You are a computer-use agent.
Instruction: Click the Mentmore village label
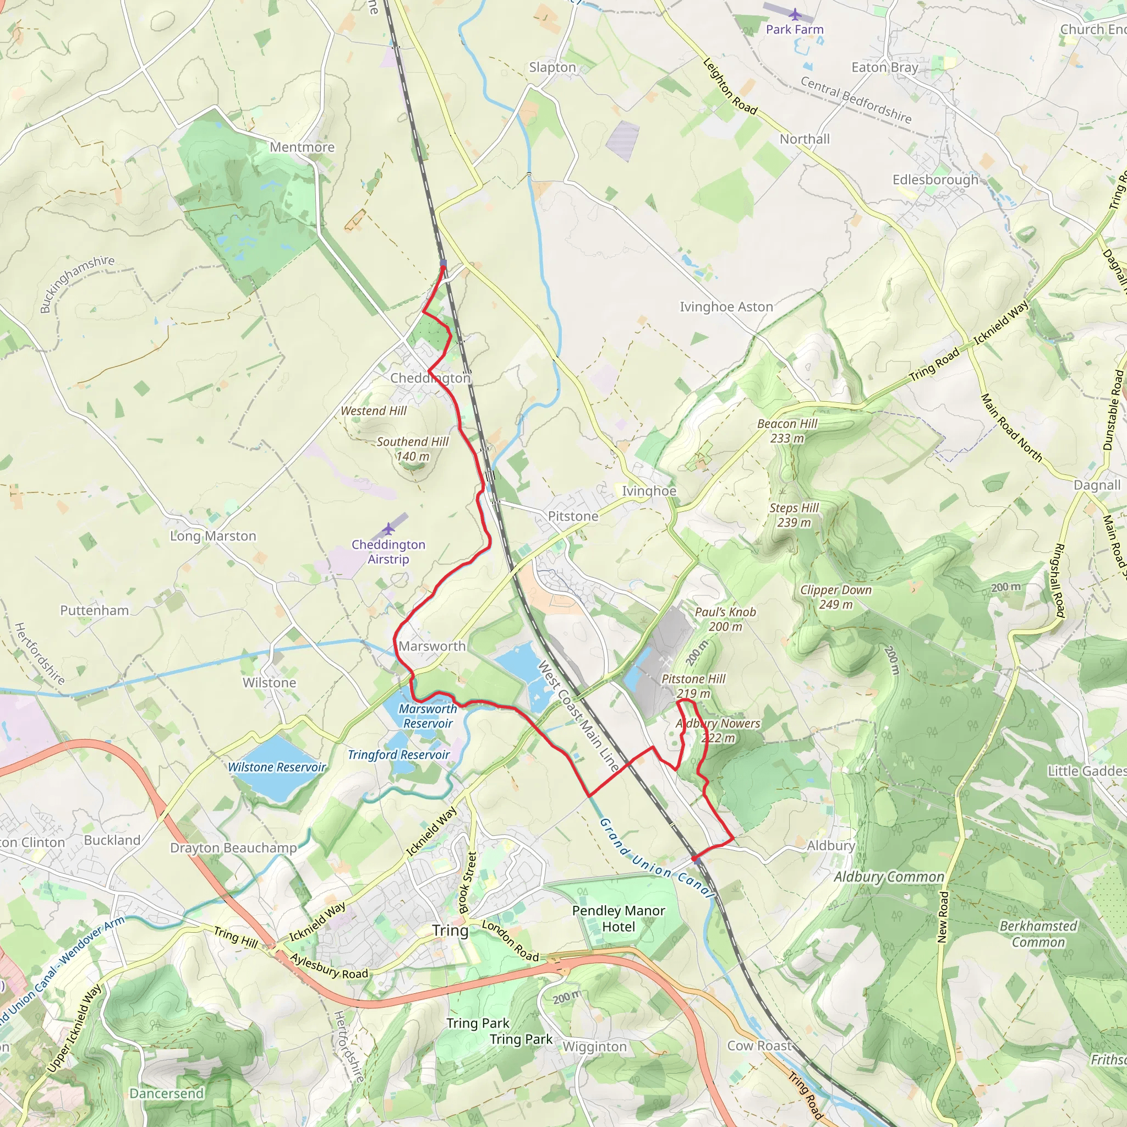pos(302,147)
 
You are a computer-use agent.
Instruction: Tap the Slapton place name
pos(552,68)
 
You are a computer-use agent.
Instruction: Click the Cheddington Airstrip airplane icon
pos(389,529)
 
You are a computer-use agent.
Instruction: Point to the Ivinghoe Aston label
pos(726,307)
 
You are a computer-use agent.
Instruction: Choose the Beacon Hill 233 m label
pos(787,430)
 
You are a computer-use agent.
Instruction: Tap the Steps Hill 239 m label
pos(794,515)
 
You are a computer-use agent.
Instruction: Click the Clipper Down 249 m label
pos(835,597)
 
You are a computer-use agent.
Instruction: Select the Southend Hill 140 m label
pos(412,448)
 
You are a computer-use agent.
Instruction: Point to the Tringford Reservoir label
pos(398,755)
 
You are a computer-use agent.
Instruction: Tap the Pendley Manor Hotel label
pos(619,919)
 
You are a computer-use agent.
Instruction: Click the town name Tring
pos(450,931)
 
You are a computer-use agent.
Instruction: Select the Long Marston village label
pos(213,536)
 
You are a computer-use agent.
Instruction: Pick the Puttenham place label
pos(95,610)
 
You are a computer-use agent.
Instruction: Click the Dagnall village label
pos(1097,485)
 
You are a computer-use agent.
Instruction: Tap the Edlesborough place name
pos(935,179)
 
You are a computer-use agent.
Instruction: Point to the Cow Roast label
pos(759,1046)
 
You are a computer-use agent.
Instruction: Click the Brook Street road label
pos(468,882)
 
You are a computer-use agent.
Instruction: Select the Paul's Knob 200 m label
pos(725,619)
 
